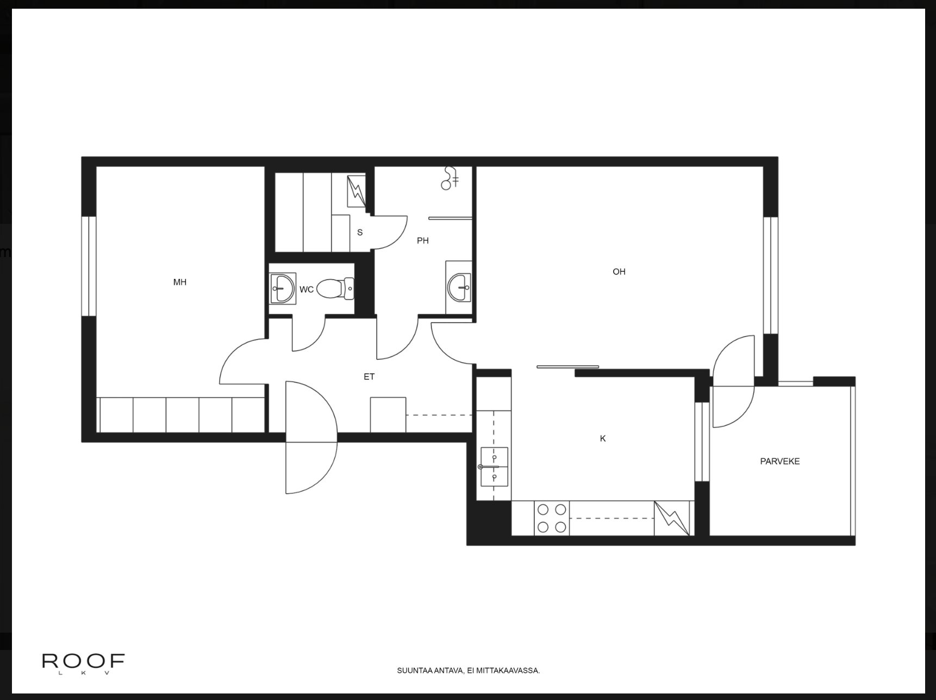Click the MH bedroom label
pos(180,282)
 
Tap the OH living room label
pos(619,272)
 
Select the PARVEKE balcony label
pos(779,461)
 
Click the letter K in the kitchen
pos(603,439)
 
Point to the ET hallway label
pos(369,377)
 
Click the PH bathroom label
pos(423,241)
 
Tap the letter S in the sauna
pos(360,233)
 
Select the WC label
pos(307,290)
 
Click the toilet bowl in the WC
pos(334,289)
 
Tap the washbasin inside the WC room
pos(283,288)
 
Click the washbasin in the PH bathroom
pos(459,287)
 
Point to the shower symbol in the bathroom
pos(450,178)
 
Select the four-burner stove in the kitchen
pos(552,518)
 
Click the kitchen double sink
pos(494,467)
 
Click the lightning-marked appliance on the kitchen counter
pos(672,518)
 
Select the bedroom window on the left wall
pos(89,266)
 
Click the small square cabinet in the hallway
pos(388,415)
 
